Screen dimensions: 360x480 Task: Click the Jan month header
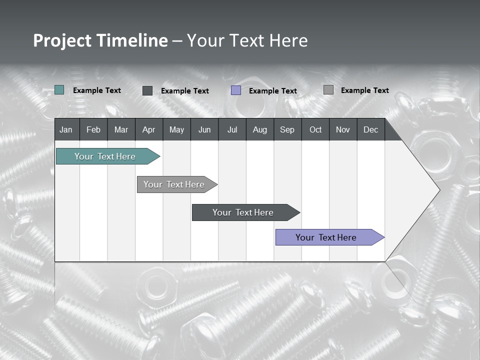click(x=66, y=130)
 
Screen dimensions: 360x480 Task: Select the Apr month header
click(x=148, y=130)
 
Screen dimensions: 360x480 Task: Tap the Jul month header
click(x=232, y=130)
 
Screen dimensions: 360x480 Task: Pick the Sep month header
click(x=287, y=130)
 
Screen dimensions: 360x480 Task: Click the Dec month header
click(x=370, y=130)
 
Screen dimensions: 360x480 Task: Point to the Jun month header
click(x=204, y=130)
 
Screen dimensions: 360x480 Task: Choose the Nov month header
click(x=342, y=130)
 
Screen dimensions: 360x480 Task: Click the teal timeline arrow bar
click(x=105, y=156)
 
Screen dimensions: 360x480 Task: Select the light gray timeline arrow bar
click(x=174, y=184)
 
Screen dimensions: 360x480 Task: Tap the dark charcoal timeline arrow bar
click(x=243, y=212)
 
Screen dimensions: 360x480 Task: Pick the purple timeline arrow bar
click(x=326, y=237)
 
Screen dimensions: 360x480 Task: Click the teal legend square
click(x=59, y=90)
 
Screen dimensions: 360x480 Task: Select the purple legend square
click(x=236, y=90)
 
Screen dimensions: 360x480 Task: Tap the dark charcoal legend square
click(x=147, y=90)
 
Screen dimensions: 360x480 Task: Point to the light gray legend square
click(x=328, y=90)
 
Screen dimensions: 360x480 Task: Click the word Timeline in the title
click(x=131, y=40)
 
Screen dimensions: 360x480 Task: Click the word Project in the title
click(x=62, y=40)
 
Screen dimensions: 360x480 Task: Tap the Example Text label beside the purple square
click(x=272, y=91)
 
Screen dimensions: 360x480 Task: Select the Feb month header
click(x=93, y=130)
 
